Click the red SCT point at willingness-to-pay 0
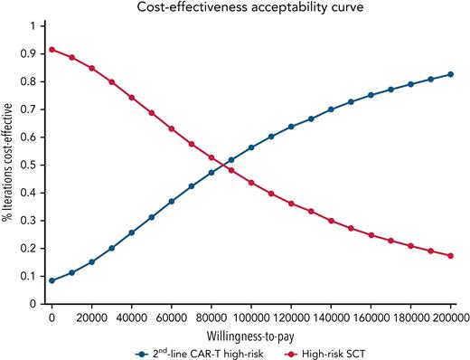pos(52,49)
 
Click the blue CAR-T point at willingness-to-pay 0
pos(52,280)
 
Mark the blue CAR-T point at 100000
pos(251,147)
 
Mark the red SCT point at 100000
pos(251,183)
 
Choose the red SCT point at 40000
pos(132,98)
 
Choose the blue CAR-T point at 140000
pos(331,109)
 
